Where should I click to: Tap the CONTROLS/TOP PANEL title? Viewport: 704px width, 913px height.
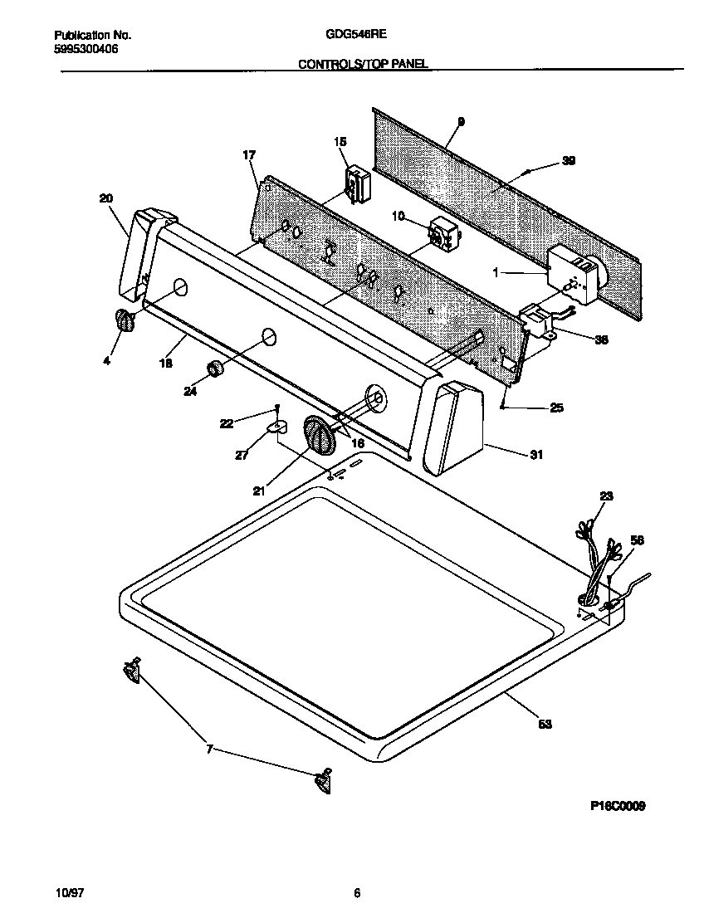pos(363,64)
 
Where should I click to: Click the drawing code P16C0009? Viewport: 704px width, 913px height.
pos(618,805)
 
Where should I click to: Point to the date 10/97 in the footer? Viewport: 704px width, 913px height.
pos(70,893)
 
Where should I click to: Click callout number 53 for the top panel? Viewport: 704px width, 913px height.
pos(545,724)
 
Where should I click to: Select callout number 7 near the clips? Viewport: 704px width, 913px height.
pos(209,749)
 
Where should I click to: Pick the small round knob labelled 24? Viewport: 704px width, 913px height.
pos(216,369)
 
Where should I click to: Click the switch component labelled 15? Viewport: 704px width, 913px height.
pos(358,183)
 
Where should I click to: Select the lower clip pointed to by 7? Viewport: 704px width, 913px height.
pos(322,782)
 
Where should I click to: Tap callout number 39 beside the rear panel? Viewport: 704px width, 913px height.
pos(569,161)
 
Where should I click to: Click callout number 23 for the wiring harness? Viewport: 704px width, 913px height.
pos(606,496)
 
